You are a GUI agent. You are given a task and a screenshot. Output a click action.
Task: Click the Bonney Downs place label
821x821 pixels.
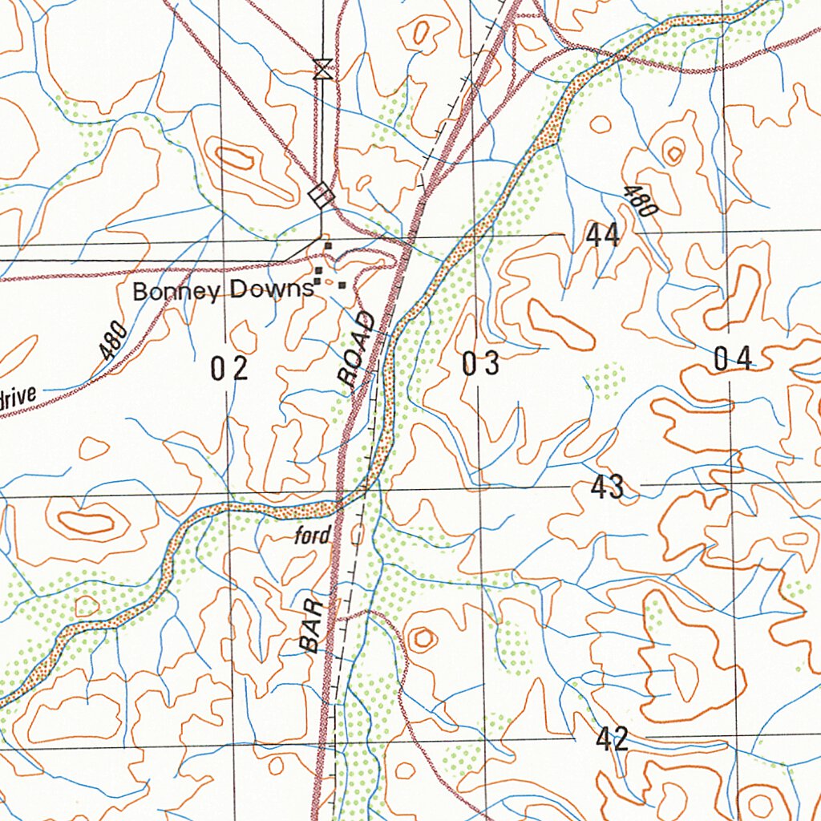tap(222, 290)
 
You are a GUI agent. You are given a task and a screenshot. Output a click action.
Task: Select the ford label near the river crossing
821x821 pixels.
tap(313, 536)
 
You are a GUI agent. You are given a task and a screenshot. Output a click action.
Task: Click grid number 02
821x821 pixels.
tap(229, 369)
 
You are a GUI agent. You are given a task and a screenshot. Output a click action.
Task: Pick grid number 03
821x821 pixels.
tap(481, 364)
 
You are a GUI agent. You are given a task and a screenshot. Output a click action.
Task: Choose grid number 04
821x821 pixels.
tap(733, 359)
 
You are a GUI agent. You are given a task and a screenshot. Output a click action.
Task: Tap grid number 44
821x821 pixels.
tap(602, 236)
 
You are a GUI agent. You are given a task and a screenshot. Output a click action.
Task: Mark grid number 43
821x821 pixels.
tap(608, 487)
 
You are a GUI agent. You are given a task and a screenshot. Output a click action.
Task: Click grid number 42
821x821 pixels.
tap(611, 739)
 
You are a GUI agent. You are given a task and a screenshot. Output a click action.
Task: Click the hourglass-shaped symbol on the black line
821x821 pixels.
tap(322, 69)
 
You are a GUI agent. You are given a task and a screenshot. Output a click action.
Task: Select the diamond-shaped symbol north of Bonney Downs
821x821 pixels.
tap(322, 195)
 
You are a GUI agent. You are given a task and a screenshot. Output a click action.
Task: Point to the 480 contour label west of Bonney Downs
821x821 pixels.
tap(113, 340)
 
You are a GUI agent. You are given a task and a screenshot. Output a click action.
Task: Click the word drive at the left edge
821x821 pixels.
tap(18, 397)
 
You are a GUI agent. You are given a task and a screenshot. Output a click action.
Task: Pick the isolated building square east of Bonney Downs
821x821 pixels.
tap(342, 285)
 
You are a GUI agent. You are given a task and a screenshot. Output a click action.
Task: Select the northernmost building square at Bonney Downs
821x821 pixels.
tap(327, 245)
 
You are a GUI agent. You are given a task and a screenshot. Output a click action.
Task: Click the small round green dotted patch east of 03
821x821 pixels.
tap(605, 379)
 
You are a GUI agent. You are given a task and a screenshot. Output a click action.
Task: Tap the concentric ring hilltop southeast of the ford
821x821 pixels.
tap(422, 639)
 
